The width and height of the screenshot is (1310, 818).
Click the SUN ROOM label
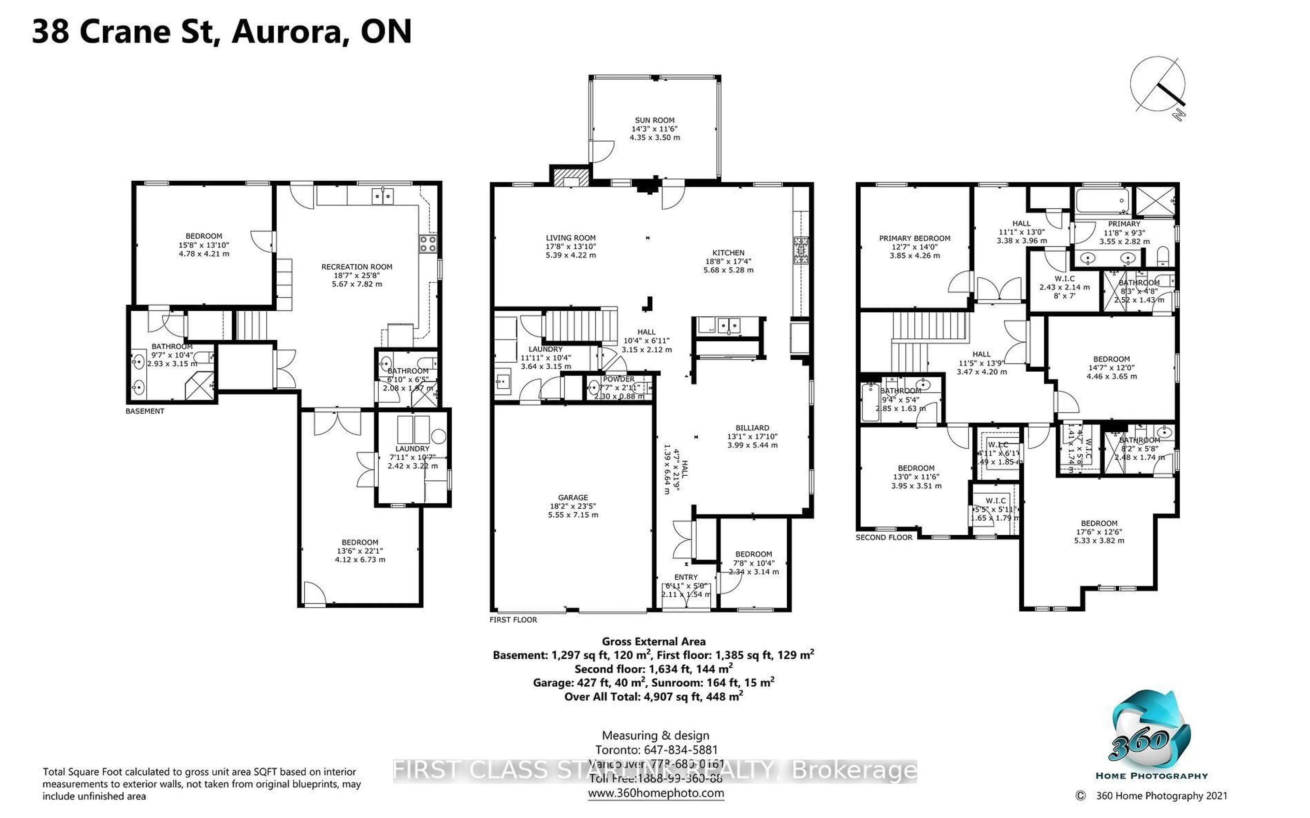[x=654, y=120]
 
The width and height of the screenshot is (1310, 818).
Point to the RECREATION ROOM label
[x=356, y=267]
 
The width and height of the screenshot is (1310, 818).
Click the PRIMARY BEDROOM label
[x=915, y=238]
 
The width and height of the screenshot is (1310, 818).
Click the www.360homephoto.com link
[x=655, y=793]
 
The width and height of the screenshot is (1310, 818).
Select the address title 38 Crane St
[x=222, y=31]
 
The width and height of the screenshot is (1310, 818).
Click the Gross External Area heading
[x=654, y=642]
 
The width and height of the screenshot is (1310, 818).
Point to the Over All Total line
[x=654, y=697]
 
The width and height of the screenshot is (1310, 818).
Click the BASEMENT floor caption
[x=144, y=411]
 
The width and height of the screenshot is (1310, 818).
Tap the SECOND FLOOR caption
[x=884, y=537]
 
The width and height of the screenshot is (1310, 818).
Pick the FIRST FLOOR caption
[x=513, y=620]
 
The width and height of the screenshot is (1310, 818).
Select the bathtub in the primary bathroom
[x=1102, y=201]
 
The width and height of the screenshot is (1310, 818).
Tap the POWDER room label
[x=618, y=379]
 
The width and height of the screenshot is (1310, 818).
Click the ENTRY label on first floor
[x=686, y=577]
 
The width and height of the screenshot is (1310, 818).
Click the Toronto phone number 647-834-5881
[x=680, y=750]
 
